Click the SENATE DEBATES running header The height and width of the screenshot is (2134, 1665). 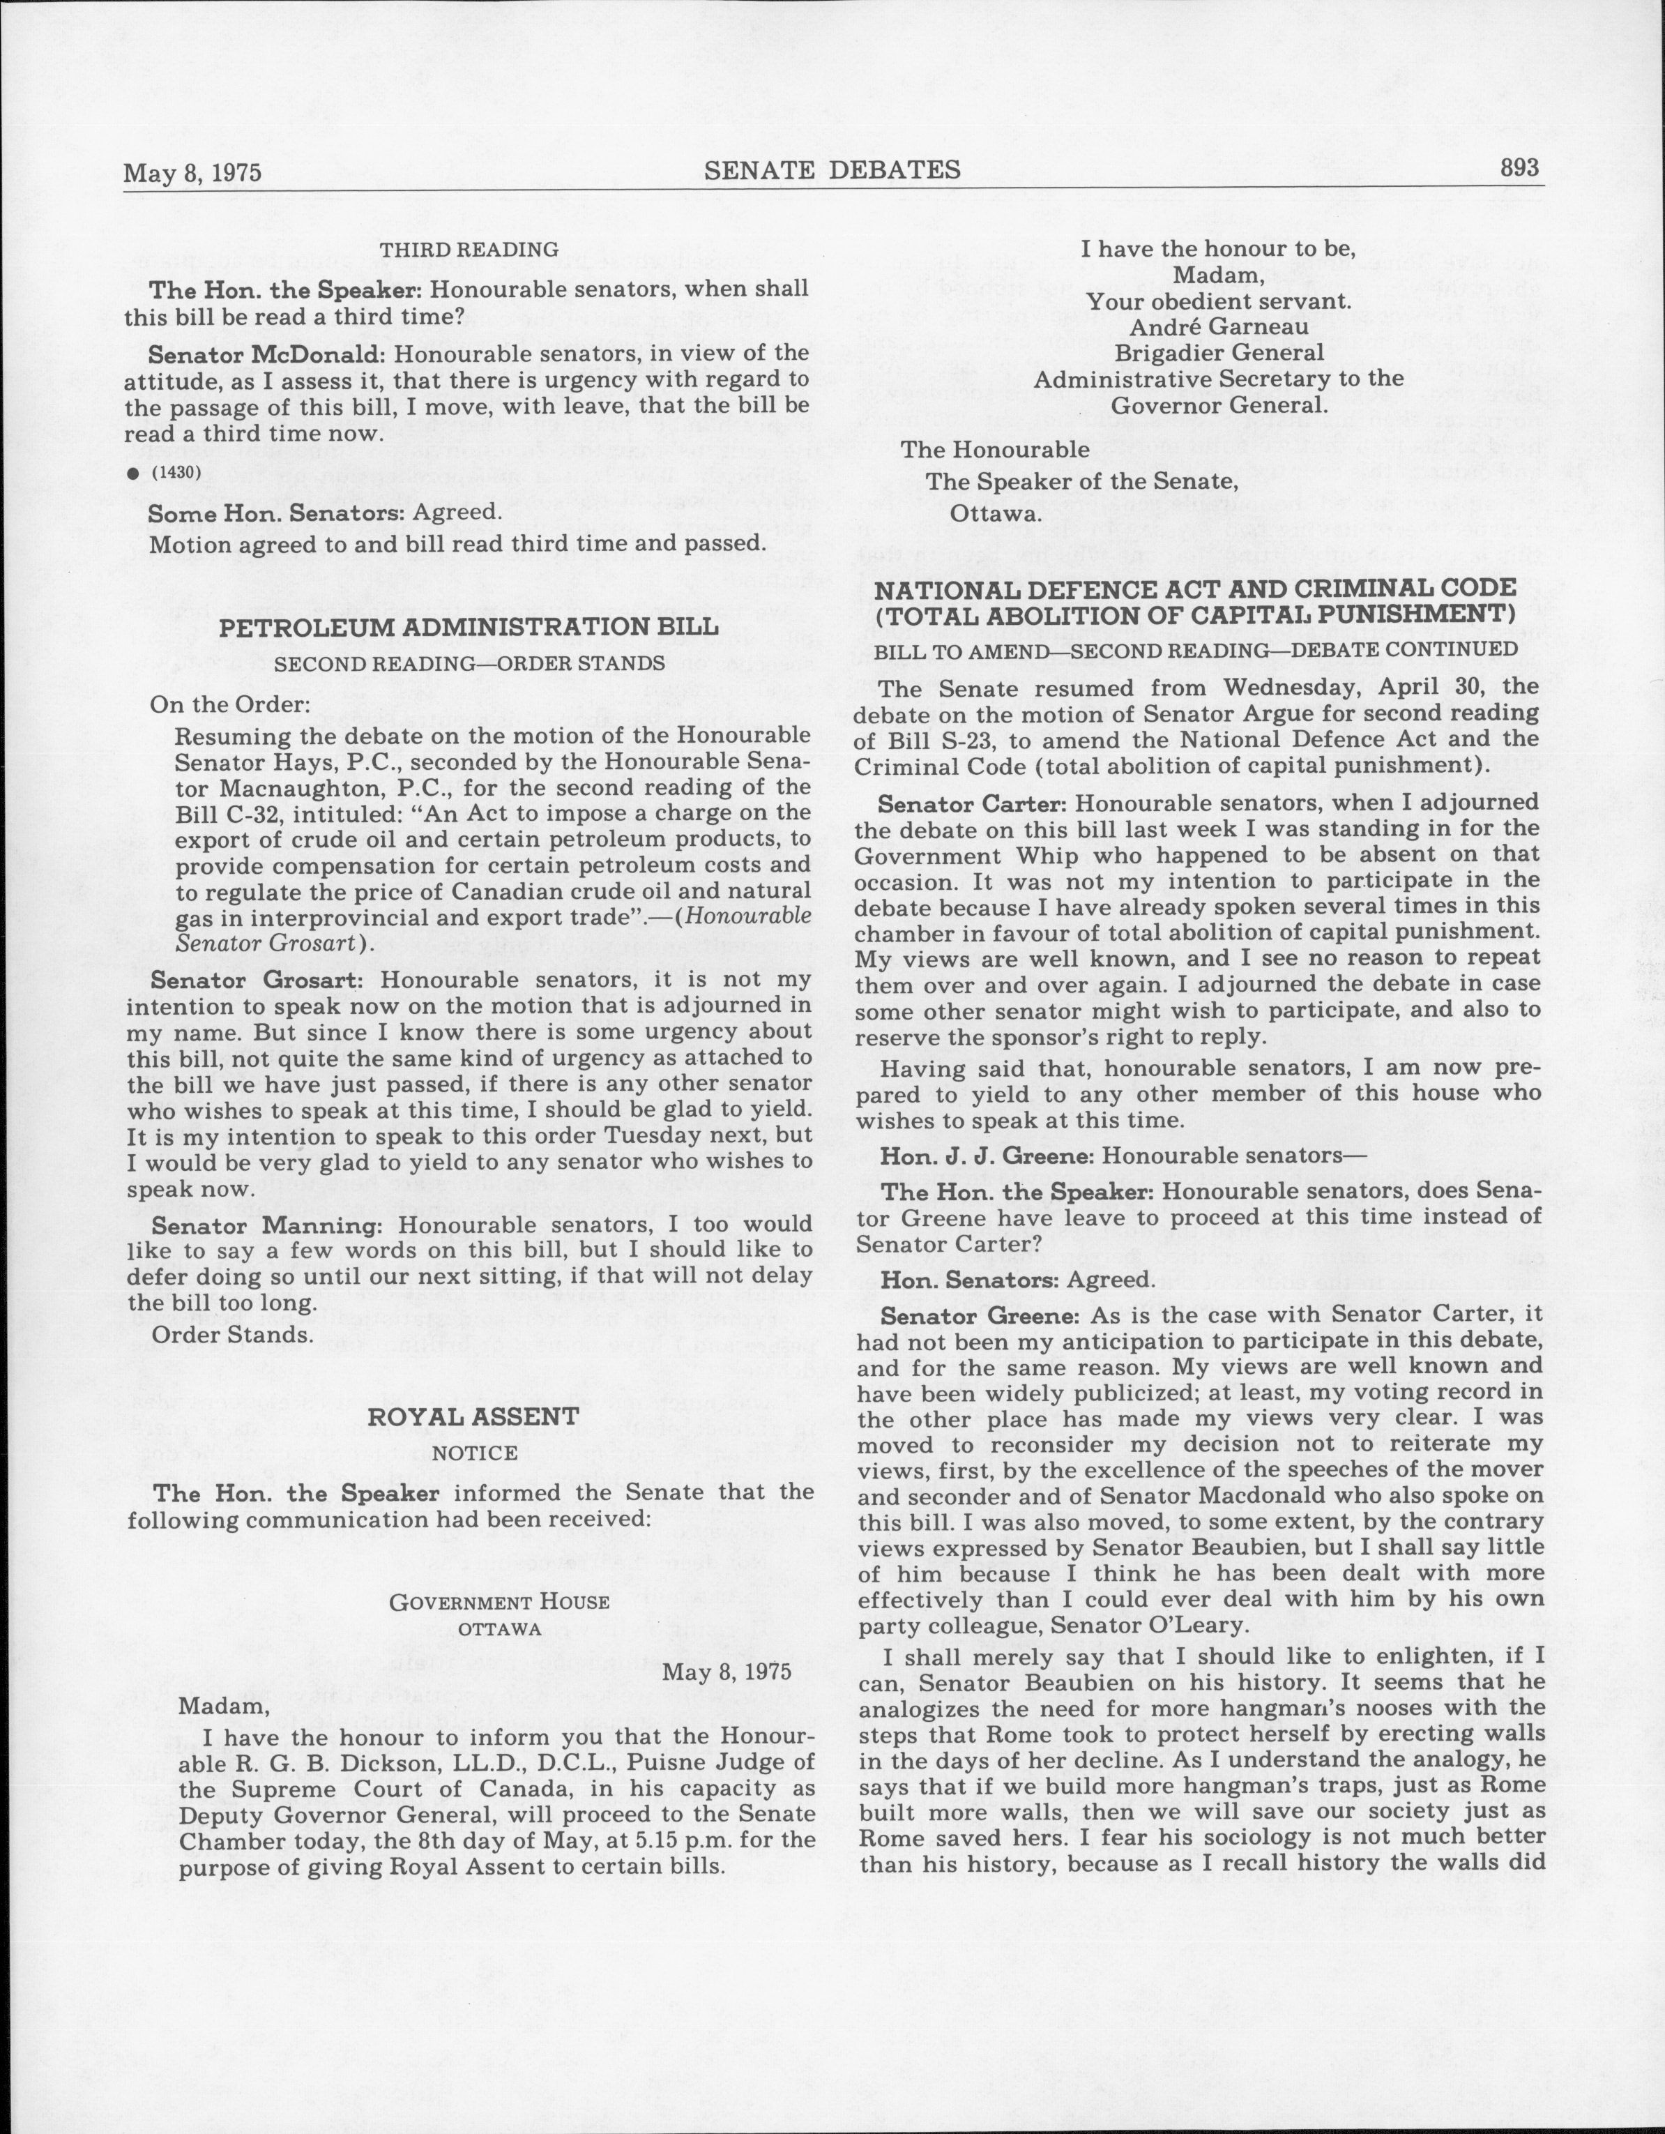tap(832, 170)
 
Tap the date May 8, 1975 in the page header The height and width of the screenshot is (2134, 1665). tap(192, 173)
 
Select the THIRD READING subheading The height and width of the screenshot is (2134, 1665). tap(469, 250)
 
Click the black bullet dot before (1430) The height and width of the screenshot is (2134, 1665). tap(131, 474)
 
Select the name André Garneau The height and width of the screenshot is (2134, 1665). tap(1219, 327)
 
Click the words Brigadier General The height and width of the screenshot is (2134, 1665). tap(1219, 353)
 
